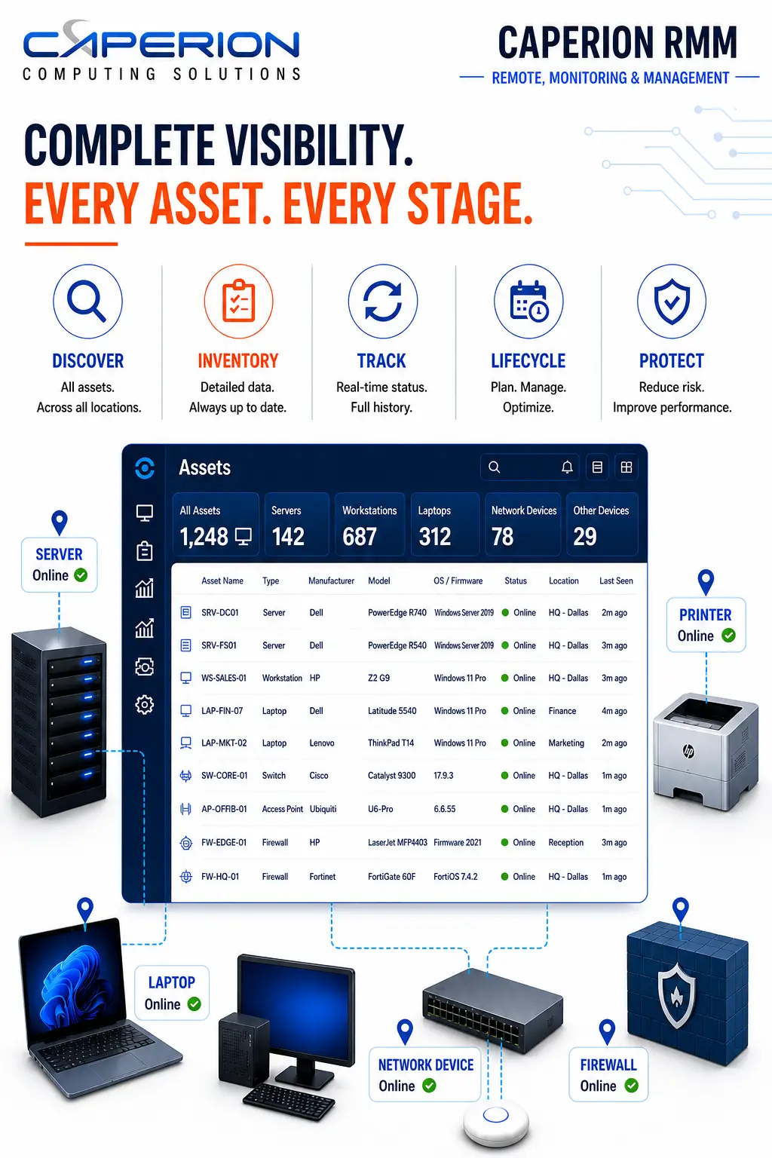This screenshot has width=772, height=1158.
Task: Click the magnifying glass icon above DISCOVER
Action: point(87,300)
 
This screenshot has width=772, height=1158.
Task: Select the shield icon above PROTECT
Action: point(671,301)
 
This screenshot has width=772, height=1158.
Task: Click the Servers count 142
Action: point(288,536)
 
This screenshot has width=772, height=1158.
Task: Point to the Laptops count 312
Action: point(435,536)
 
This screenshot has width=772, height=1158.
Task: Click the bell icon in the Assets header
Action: point(567,467)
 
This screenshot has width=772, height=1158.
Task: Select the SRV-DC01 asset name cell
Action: point(219,613)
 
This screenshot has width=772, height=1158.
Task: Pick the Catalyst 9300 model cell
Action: point(391,776)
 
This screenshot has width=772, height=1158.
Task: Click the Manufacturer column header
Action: point(331,581)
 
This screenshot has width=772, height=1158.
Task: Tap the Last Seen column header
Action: point(616,581)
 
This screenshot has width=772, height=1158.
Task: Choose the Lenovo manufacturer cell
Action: point(322,743)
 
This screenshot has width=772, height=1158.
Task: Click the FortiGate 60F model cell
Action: point(391,876)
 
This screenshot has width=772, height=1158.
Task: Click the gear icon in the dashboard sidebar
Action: point(144,704)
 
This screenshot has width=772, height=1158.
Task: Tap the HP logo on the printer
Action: point(688,750)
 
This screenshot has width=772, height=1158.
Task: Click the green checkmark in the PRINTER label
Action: point(728,635)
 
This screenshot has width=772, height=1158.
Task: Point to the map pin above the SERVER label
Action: point(60,522)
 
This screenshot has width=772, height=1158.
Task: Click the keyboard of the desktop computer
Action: point(289,1101)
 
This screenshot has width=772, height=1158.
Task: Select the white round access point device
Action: point(496,1123)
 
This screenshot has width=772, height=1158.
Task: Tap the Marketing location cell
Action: point(566,743)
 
